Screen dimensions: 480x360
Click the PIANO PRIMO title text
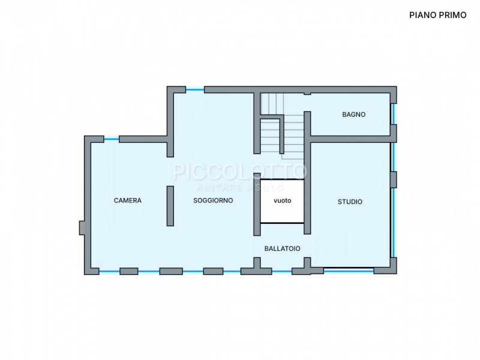click(438, 15)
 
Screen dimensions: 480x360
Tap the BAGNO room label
click(353, 115)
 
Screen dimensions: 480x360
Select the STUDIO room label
click(350, 202)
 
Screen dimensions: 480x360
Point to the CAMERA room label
click(128, 200)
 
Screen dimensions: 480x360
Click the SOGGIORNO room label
click(213, 200)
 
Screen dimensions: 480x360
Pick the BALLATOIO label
click(282, 248)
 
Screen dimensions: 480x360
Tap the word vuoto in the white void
click(282, 201)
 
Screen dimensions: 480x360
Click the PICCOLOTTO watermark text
click(239, 172)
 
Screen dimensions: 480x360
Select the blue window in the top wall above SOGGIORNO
click(195, 89)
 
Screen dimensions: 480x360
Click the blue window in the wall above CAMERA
click(112, 139)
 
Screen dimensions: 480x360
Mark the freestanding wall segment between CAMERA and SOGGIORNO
click(170, 206)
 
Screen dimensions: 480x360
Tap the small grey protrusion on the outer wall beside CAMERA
click(82, 228)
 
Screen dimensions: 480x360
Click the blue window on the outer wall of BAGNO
click(393, 114)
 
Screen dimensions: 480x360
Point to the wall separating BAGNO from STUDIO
click(350, 139)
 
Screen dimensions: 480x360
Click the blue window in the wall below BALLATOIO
click(281, 271)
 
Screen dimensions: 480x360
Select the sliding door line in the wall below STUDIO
click(349, 269)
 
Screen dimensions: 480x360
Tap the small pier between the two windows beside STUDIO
click(394, 179)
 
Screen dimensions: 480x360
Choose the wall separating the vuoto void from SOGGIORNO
click(257, 204)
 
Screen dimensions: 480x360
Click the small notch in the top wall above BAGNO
click(307, 94)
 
